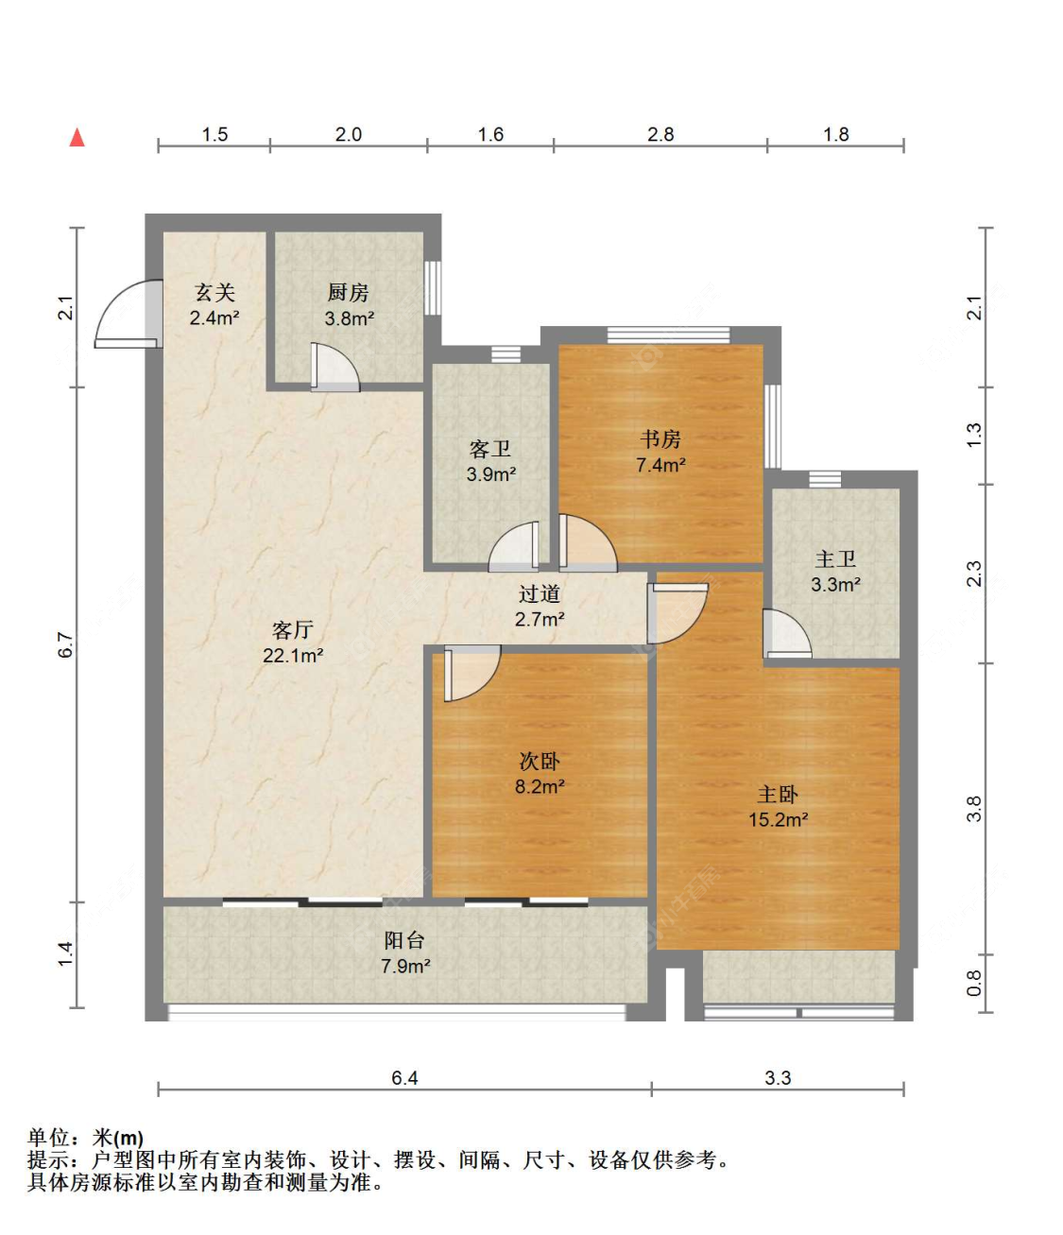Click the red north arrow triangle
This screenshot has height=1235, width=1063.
click(77, 137)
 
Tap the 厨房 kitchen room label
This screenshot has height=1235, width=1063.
click(349, 293)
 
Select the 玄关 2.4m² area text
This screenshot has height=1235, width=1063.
click(214, 304)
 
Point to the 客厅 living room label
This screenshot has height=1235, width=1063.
click(293, 629)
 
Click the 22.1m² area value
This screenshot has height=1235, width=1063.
click(293, 656)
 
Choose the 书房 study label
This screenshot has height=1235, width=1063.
click(660, 439)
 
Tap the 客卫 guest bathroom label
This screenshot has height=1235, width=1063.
click(490, 449)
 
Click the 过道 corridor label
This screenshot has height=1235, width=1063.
click(540, 594)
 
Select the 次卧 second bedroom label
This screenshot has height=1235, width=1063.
click(540, 762)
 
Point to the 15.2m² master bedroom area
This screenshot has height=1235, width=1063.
click(779, 819)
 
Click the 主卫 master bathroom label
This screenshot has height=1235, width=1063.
click(835, 559)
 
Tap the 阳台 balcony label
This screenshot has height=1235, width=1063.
click(404, 940)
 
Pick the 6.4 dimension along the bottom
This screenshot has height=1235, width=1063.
click(404, 1078)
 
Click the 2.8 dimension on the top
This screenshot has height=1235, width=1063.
click(660, 134)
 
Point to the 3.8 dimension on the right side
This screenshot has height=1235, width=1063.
click(974, 810)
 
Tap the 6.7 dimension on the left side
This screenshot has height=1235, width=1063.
click(67, 644)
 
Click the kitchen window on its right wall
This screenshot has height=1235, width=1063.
click(433, 288)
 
